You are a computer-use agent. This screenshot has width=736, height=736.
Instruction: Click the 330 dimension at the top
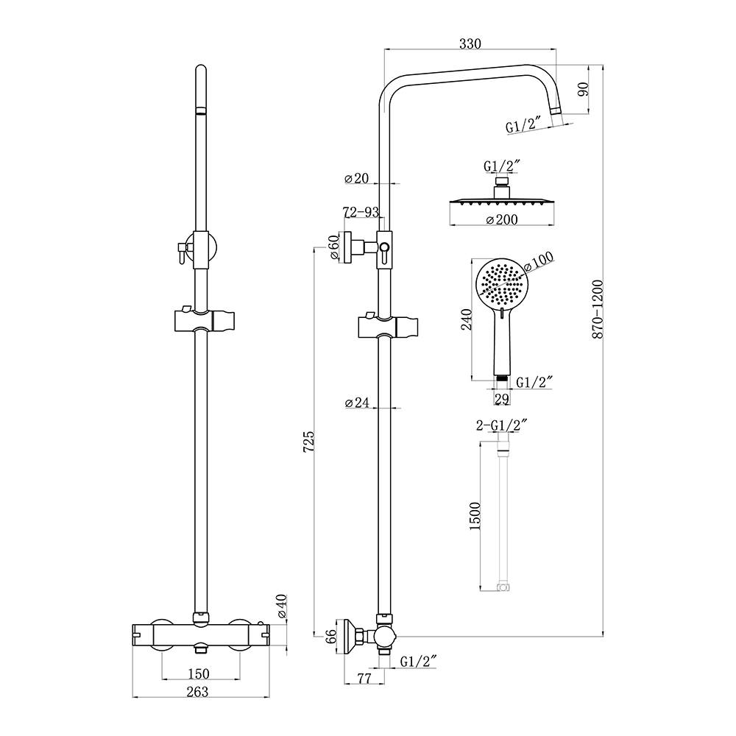[x=470, y=43]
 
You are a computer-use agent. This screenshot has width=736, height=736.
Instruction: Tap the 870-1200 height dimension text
[x=597, y=309]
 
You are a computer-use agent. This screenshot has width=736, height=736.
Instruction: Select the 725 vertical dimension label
[x=308, y=441]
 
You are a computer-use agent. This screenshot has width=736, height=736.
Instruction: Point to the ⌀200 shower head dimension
[x=501, y=219]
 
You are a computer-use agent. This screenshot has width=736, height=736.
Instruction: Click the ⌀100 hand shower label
[x=539, y=261]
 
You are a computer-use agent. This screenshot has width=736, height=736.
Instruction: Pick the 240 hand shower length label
[x=467, y=319]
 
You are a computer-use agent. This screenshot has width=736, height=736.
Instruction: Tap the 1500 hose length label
[x=475, y=516]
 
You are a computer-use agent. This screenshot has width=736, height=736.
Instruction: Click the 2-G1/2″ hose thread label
[x=502, y=425]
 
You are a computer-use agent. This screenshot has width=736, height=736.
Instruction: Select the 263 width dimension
[x=197, y=692]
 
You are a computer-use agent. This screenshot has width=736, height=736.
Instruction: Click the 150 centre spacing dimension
[x=198, y=674]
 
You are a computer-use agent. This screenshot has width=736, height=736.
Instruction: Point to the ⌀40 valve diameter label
[x=282, y=606]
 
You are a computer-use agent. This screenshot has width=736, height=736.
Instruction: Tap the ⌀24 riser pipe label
[x=357, y=403]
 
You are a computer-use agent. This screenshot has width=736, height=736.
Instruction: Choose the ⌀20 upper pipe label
[x=357, y=178]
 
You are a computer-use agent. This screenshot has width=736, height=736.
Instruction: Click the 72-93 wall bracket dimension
[x=361, y=212]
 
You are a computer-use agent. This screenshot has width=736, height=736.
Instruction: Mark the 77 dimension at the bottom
[x=364, y=679]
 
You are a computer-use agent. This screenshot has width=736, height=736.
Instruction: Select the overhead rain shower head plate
[x=501, y=202]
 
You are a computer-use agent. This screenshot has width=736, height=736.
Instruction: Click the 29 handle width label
[x=502, y=399]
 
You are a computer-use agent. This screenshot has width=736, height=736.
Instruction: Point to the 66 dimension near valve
[x=331, y=636]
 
